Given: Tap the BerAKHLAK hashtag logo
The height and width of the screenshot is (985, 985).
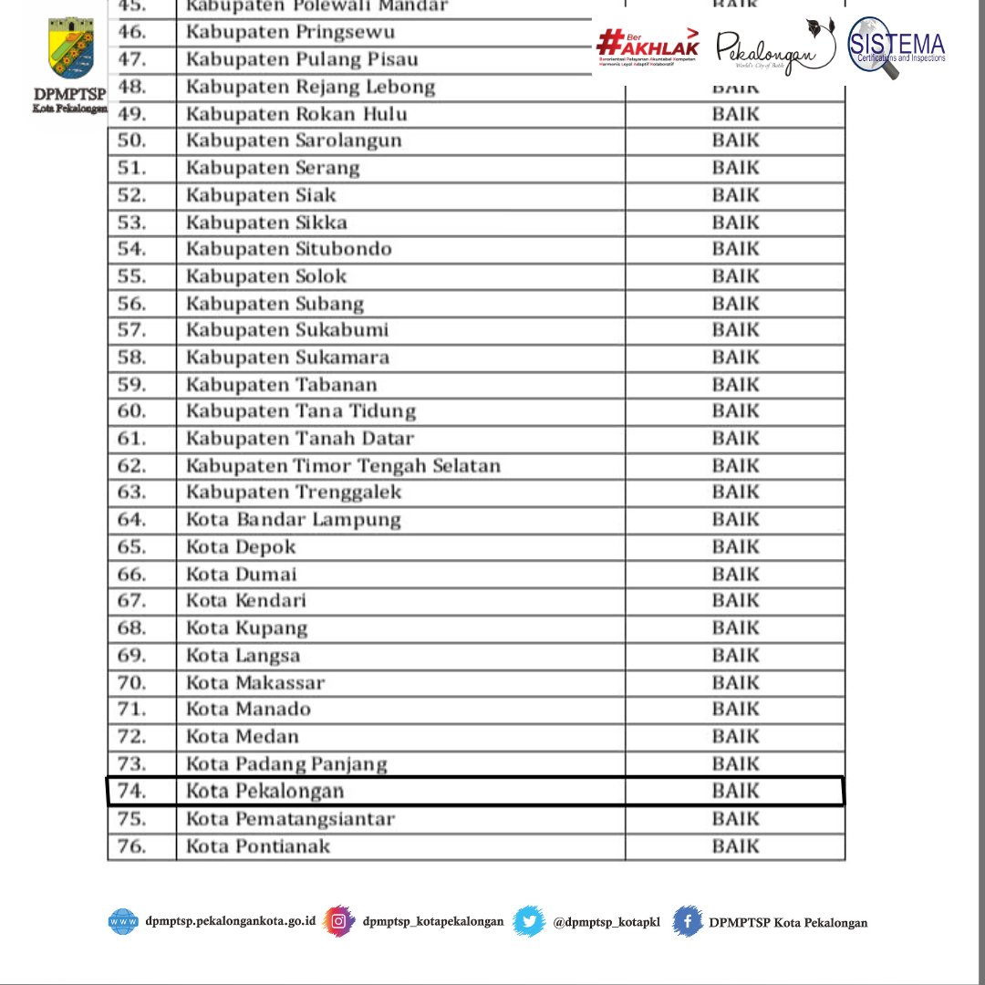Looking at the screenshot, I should (648, 45).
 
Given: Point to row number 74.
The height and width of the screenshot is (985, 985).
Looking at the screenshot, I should (132, 791).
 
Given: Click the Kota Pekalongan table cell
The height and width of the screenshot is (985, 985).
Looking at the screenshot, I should (265, 791).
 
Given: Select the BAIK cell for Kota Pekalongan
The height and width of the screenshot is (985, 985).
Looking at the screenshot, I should (735, 791).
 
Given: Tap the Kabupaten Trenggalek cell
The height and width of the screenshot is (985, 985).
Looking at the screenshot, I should (294, 493).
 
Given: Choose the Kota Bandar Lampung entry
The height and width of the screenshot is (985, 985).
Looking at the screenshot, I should (294, 520).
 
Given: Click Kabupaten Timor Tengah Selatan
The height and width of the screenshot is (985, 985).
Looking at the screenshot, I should (343, 466).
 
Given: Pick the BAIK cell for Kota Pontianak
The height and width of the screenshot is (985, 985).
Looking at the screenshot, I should (735, 846).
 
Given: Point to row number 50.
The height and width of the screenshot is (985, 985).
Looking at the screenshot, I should (132, 140).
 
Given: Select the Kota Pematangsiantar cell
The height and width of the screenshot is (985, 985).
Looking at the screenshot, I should (290, 819).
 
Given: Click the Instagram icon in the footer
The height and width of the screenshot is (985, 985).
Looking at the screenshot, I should (339, 921).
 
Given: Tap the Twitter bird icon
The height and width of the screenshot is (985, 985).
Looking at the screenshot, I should (529, 921).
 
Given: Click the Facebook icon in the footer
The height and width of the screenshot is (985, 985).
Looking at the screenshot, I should (689, 921).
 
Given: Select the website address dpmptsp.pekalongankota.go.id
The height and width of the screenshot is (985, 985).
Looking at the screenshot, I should (230, 921).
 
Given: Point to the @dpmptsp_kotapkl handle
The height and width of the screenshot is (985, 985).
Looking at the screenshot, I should (606, 922).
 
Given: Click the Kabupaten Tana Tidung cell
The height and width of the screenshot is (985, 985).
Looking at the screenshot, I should (301, 411).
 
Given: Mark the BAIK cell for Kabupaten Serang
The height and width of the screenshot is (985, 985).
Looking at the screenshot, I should (735, 168).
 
